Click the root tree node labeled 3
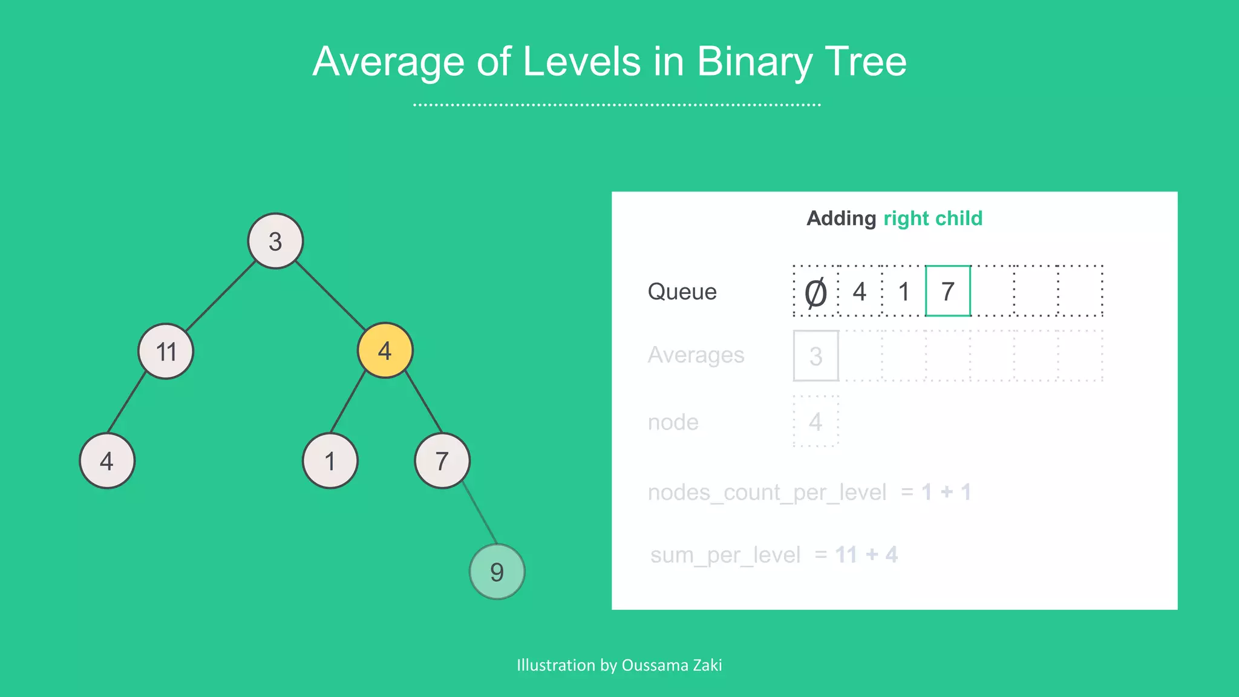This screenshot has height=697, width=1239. pos(275,241)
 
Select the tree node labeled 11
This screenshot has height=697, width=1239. pos(166,351)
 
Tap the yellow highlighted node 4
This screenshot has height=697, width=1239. pos(385,350)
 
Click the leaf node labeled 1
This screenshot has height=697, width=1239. pos(330,461)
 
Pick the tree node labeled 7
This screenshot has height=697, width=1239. pos(442,461)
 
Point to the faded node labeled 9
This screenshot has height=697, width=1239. pos(497,572)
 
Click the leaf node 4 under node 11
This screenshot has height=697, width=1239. pos(107,461)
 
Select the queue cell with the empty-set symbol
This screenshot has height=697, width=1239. pos(816,292)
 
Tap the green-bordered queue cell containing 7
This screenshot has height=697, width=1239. pos(948,291)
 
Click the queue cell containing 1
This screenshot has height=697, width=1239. pos(904,292)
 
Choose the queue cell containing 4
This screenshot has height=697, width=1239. pos(860,292)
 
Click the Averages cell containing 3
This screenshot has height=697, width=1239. pos(816,356)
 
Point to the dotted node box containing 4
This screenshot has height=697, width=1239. pos(816,422)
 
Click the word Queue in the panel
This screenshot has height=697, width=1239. pos(682,292)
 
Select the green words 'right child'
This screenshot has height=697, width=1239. pos(932,218)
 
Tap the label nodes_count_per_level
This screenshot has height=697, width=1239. pos(767,492)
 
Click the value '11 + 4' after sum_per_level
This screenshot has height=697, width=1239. pos(866,555)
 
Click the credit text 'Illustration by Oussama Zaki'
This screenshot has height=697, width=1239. pos(619,665)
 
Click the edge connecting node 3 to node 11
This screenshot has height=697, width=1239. pos(220,296)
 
